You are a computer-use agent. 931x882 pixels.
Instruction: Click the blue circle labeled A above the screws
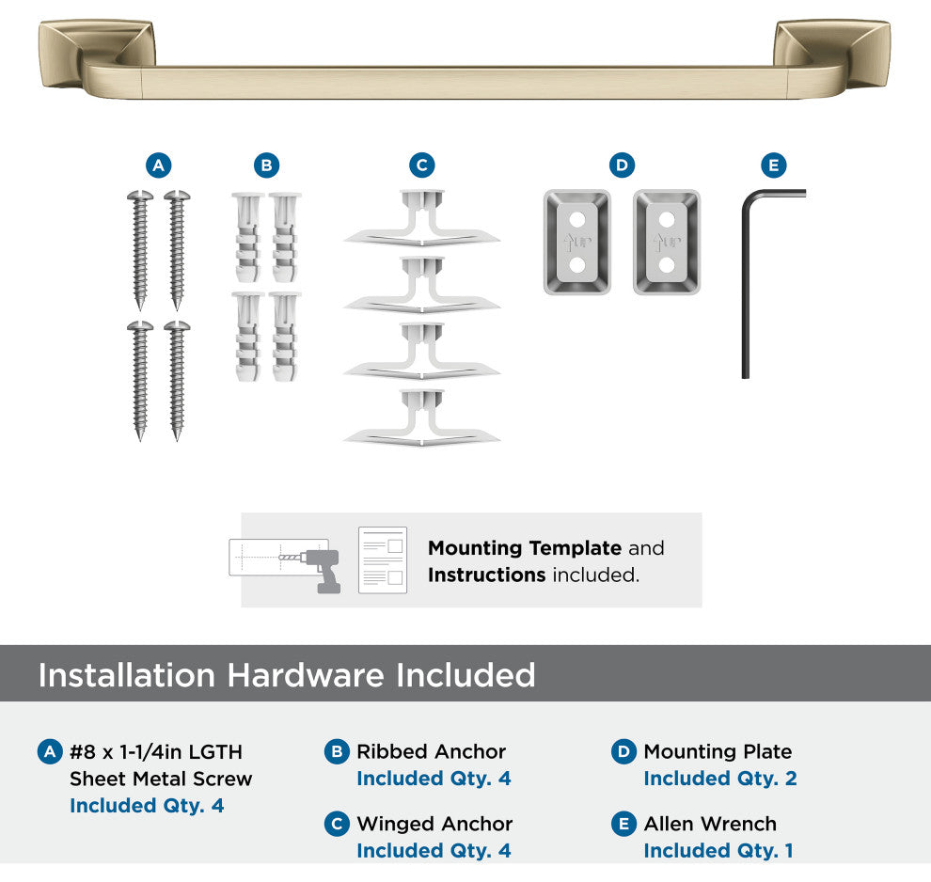pyautogui.click(x=159, y=165)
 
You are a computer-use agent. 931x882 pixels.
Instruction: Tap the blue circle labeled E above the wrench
pyautogui.click(x=774, y=165)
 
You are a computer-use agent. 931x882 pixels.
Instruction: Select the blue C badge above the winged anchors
pyautogui.click(x=422, y=165)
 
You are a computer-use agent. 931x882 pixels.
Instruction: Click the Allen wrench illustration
pyautogui.click(x=746, y=285)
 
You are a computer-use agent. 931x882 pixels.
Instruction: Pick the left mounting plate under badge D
pyautogui.click(x=577, y=243)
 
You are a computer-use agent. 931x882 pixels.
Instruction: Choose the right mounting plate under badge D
pyautogui.click(x=667, y=243)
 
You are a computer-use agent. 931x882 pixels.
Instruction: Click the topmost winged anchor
pyautogui.click(x=421, y=218)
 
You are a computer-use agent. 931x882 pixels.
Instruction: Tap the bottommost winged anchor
pyautogui.click(x=421, y=417)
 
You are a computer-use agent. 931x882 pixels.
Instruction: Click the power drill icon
pyautogui.click(x=321, y=570)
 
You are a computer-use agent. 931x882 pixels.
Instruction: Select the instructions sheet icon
pyautogui.click(x=383, y=559)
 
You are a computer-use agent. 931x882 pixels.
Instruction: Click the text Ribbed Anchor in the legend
pyautogui.click(x=431, y=751)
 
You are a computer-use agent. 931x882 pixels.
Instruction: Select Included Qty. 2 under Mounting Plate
pyautogui.click(x=720, y=779)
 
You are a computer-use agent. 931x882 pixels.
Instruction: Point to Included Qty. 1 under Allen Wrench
pyautogui.click(x=718, y=851)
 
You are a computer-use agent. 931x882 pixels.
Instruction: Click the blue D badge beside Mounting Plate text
pyautogui.click(x=624, y=752)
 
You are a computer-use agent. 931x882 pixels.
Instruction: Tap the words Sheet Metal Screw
pyautogui.click(x=161, y=779)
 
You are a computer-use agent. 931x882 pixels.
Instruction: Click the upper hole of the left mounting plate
pyautogui.click(x=577, y=220)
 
